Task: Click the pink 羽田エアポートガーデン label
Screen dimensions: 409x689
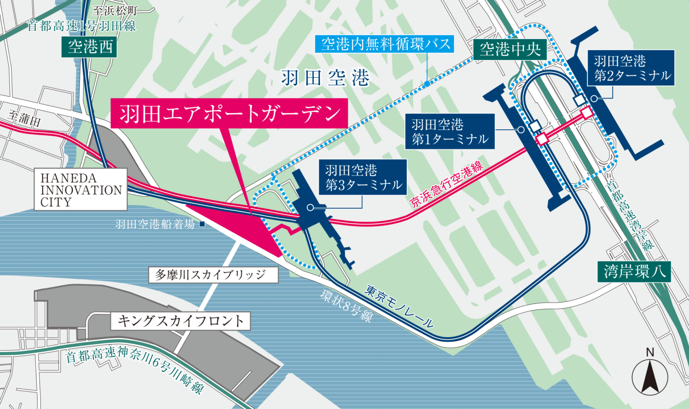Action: point(229,114)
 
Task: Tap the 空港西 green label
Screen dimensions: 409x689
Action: point(90,47)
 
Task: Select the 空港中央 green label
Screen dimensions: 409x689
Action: point(510,49)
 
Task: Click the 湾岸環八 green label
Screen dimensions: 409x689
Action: point(634,271)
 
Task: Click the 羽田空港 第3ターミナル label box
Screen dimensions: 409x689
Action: point(363,177)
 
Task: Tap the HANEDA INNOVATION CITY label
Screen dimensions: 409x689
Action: point(81,190)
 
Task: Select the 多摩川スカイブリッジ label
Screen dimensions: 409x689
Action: point(213,275)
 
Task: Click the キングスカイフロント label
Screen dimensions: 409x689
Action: point(180,321)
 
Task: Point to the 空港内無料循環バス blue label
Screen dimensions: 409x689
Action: point(386,44)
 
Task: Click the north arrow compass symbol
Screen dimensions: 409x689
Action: point(650,374)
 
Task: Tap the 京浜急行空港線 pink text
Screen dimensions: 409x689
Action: point(447,184)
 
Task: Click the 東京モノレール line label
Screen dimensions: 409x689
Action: point(399,306)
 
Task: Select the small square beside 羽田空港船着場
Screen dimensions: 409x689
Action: point(202,224)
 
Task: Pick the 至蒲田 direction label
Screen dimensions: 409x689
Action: point(25,118)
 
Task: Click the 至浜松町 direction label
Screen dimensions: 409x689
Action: point(115,11)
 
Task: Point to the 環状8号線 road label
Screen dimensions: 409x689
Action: point(346,306)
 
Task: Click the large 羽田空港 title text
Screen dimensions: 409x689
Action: point(325,78)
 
